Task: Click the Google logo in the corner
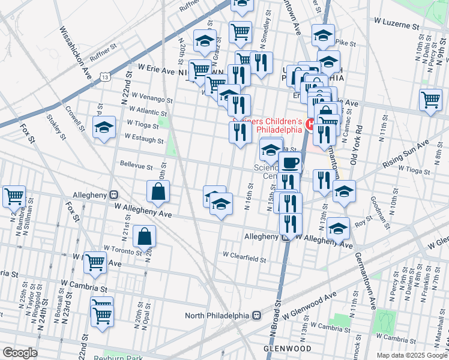(20, 353)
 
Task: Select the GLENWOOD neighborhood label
(288, 349)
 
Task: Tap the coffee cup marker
(290, 163)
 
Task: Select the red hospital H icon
(310, 125)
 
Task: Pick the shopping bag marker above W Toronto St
(145, 236)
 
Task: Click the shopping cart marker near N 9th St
(430, 100)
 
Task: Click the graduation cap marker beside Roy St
(338, 229)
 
